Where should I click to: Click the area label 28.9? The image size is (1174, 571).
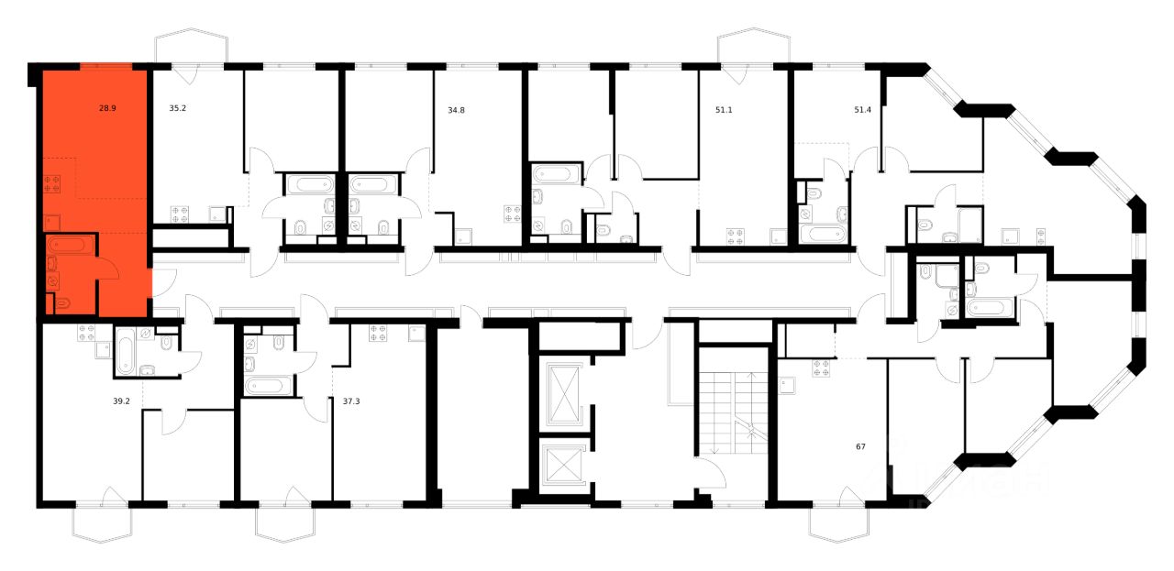[107, 108]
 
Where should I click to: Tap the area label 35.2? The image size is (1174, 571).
[178, 108]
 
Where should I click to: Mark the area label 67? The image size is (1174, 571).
[860, 447]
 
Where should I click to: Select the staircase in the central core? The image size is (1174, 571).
[732, 412]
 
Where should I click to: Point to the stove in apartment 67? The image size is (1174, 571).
[821, 369]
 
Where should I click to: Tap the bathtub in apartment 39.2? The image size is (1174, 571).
[126, 351]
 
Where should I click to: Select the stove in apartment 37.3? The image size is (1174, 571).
[379, 332]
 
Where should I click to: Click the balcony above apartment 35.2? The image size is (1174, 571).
[191, 48]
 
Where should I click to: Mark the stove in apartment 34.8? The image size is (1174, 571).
[510, 215]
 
